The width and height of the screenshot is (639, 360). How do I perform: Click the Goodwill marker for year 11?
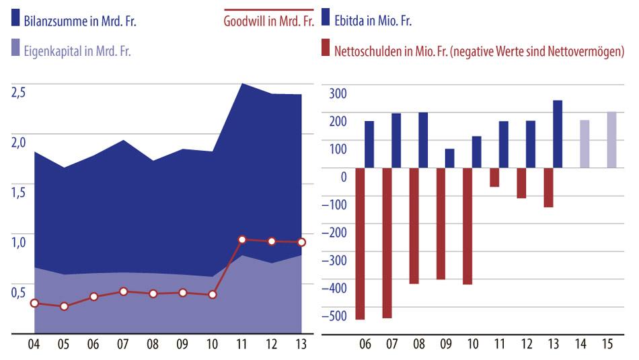tap(242, 240)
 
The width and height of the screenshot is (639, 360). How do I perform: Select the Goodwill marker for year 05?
tap(64, 306)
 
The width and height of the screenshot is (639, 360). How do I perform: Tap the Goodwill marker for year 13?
tap(301, 242)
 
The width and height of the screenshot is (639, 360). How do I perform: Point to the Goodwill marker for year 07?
tap(123, 291)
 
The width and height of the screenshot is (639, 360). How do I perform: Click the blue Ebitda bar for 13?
tap(558, 134)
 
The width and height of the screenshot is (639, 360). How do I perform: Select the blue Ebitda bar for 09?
tap(449, 158)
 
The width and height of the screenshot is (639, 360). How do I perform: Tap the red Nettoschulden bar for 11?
tap(494, 177)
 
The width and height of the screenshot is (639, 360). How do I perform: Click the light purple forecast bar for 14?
tap(585, 144)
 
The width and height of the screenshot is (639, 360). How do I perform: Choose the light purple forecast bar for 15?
tap(611, 140)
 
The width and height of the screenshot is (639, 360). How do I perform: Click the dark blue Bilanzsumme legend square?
tap(15, 20)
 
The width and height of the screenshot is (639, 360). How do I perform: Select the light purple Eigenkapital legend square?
tap(15, 48)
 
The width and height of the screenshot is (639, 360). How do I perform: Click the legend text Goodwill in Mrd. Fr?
tap(269, 21)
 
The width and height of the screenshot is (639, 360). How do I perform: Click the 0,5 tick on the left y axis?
tap(19, 293)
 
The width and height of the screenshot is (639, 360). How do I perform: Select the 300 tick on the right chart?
tap(338, 94)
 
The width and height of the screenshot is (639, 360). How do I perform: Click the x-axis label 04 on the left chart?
tap(34, 345)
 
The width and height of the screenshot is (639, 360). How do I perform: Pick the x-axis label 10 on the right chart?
tap(472, 345)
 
